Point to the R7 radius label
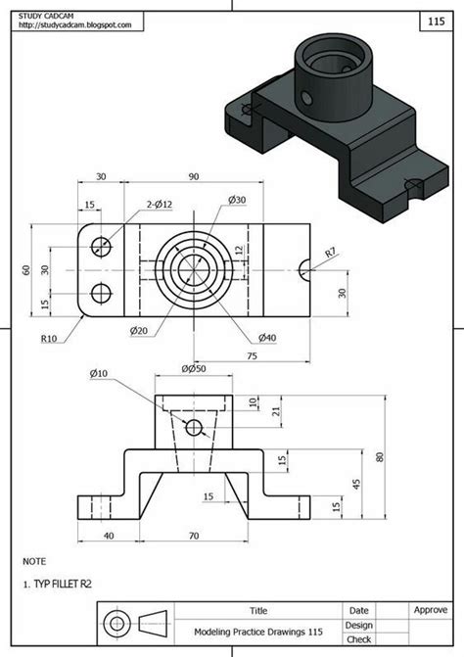tap(331, 253)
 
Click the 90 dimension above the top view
tap(193, 177)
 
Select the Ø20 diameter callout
tap(138, 331)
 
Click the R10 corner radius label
tap(49, 340)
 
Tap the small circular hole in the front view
tap(194, 427)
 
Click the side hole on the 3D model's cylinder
tap(305, 97)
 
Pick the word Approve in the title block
tap(430, 609)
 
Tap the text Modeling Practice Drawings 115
tap(257, 632)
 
